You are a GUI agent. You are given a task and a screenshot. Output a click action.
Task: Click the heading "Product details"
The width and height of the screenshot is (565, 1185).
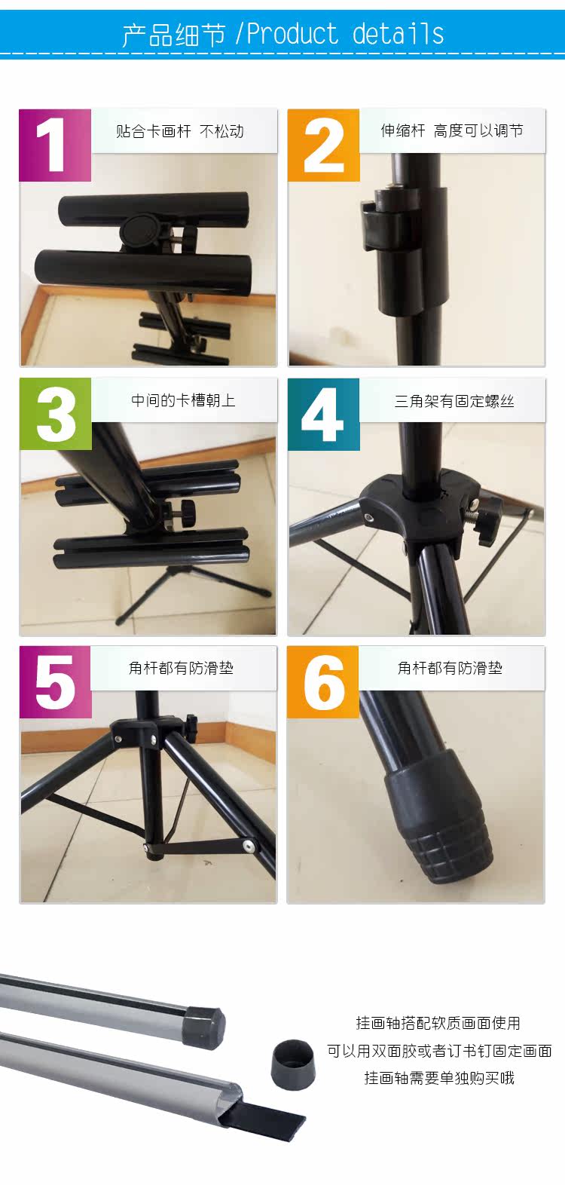pyautogui.click(x=346, y=35)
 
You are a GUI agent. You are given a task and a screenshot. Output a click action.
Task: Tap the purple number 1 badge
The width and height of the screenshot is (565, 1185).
pyautogui.click(x=55, y=145)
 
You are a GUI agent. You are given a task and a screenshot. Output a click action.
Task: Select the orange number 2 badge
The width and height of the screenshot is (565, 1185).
pyautogui.click(x=323, y=145)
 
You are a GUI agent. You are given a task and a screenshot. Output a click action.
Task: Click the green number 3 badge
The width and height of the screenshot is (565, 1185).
pyautogui.click(x=56, y=414)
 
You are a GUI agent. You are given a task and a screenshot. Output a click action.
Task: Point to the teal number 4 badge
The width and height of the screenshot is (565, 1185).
pyautogui.click(x=323, y=414)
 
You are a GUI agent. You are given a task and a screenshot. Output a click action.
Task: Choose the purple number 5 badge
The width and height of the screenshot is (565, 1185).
pyautogui.click(x=56, y=682)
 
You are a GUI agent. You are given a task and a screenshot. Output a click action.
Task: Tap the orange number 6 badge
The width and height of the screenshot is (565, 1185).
pyautogui.click(x=323, y=682)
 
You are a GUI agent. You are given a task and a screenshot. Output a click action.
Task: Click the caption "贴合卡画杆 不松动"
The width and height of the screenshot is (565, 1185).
pyautogui.click(x=180, y=131)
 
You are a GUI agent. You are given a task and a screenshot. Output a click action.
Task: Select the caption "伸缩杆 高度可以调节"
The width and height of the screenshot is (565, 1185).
pyautogui.click(x=452, y=130)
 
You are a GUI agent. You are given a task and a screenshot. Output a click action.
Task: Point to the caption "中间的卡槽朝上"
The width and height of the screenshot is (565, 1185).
pyautogui.click(x=183, y=400)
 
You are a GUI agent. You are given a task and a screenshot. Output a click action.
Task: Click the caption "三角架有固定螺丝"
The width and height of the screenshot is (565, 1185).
pyautogui.click(x=454, y=401)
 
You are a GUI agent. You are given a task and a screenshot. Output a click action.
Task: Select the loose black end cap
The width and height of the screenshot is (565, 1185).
pyautogui.click(x=293, y=1064)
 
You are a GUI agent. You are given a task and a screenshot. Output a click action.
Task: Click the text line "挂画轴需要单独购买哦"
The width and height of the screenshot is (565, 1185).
pyautogui.click(x=439, y=1078)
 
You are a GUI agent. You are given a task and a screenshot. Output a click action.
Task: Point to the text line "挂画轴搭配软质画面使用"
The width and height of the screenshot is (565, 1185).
pyautogui.click(x=438, y=1023)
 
